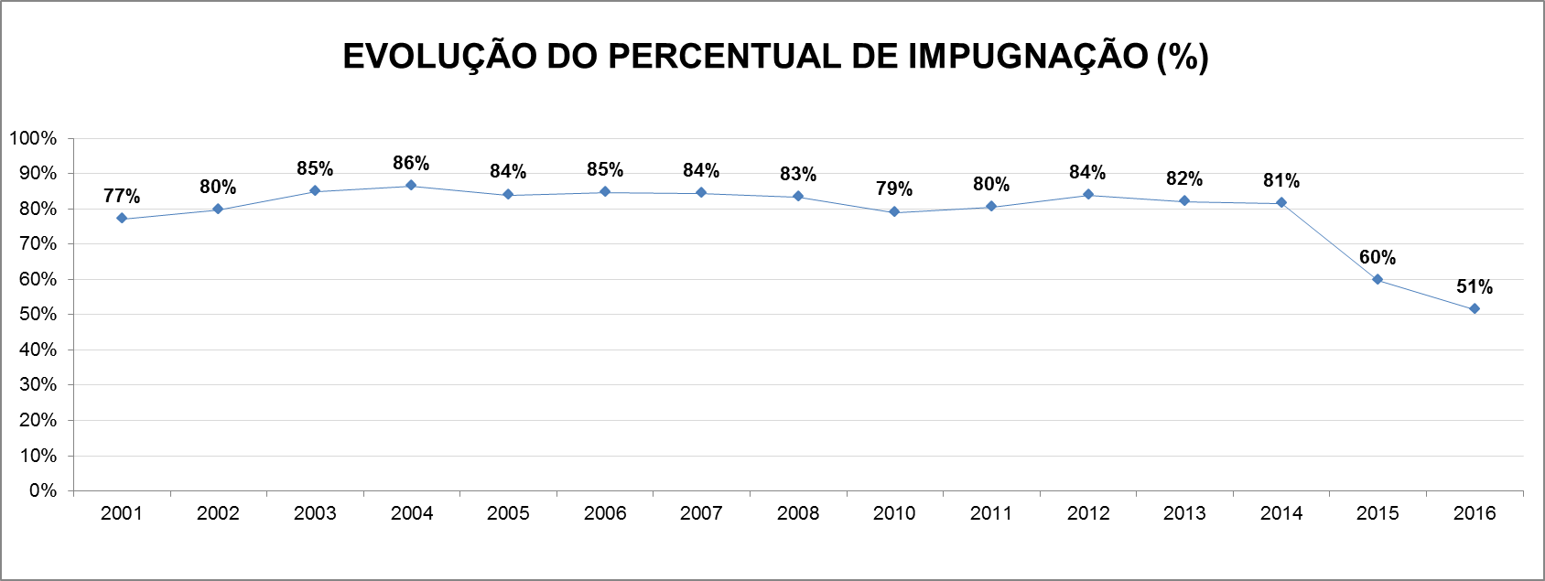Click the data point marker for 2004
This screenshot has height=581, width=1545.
(411, 186)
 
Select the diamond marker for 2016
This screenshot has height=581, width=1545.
(1474, 309)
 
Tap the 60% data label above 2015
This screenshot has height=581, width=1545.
(1377, 258)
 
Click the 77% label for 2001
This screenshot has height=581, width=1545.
(122, 197)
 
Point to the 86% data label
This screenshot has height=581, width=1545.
(411, 164)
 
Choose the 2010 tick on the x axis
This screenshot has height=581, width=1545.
(893, 513)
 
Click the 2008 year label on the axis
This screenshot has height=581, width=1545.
(797, 513)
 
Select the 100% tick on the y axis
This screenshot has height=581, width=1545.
(33, 138)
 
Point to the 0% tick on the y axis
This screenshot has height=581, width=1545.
(42, 490)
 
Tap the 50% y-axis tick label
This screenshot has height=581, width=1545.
(38, 314)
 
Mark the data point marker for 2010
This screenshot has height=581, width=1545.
(894, 212)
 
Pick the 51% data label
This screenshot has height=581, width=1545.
(1474, 287)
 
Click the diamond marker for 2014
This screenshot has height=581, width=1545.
(1280, 202)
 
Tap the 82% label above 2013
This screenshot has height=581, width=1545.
(1183, 179)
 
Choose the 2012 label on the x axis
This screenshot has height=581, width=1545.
(1087, 513)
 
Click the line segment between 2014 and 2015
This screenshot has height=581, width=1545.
(1329, 241)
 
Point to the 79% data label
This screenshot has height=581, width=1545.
(893, 189)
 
